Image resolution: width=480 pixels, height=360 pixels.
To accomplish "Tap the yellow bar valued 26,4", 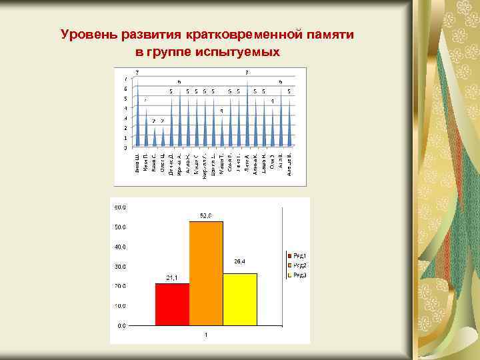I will tap(240, 299).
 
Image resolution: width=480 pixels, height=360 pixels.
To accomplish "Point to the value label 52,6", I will tap(206, 215).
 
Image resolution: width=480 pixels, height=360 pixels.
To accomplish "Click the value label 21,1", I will tap(172, 278).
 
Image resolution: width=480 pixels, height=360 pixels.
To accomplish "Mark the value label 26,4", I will tap(240, 261).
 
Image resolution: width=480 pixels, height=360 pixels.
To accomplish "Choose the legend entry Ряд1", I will tap(297, 255).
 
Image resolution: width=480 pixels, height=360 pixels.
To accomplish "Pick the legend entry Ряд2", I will tap(297, 265).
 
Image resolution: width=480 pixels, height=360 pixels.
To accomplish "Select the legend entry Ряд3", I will tap(297, 275).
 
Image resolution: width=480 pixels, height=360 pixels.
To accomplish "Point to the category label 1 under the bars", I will tap(206, 335).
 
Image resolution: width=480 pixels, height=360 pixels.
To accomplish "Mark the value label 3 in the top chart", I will tap(221, 110).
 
